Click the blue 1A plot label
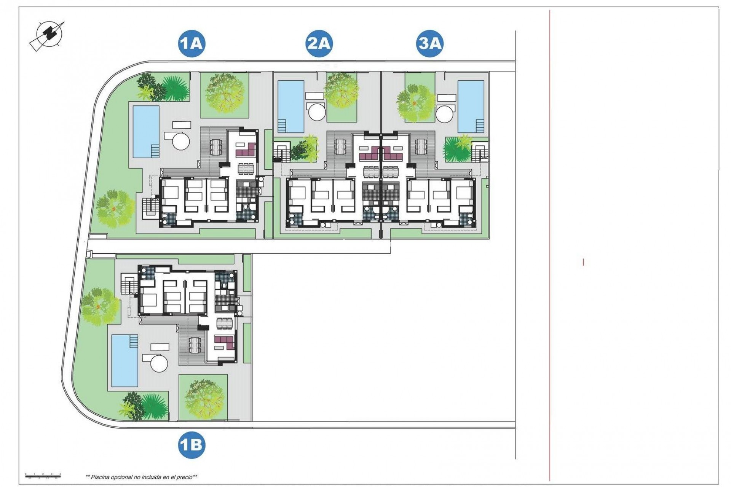(x=192, y=44)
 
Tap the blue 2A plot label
(x=319, y=44)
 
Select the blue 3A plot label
(x=429, y=44)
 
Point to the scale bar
(x=43, y=474)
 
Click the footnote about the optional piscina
(x=141, y=477)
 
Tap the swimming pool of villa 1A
(x=145, y=131)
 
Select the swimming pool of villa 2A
(x=289, y=105)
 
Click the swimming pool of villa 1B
(x=125, y=360)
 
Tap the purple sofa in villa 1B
(x=223, y=342)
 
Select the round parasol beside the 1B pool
(x=160, y=363)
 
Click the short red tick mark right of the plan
(x=583, y=262)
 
